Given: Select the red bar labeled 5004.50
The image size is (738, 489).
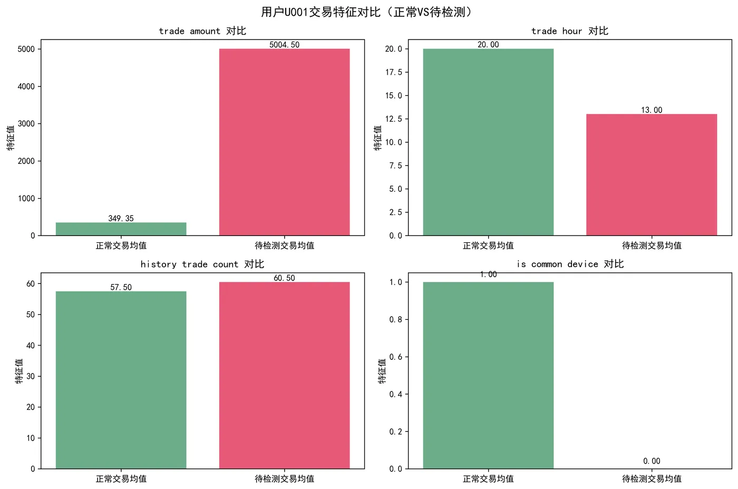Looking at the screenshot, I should click(x=284, y=142).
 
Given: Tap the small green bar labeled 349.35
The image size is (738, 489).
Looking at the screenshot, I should click(x=121, y=229).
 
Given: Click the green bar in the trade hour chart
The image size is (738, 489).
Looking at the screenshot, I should click(x=488, y=142).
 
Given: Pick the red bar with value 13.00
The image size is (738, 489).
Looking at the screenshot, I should click(x=652, y=174).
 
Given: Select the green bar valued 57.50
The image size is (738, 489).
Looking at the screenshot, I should click(x=121, y=379).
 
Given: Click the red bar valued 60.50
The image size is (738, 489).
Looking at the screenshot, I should click(x=284, y=375).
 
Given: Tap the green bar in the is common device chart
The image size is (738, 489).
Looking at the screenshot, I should click(x=488, y=375).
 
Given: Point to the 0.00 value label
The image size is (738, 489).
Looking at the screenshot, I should click(x=652, y=461).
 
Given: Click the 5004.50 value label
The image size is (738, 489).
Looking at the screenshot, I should click(x=284, y=45).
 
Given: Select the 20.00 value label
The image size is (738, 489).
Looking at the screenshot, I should click(x=488, y=45).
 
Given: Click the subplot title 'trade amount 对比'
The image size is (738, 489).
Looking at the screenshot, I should click(x=202, y=31).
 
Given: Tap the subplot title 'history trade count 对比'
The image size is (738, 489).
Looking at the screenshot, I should click(x=202, y=264).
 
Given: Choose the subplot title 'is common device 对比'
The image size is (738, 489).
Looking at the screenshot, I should click(x=570, y=264).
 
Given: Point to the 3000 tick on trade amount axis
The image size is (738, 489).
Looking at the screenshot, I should click(x=26, y=124).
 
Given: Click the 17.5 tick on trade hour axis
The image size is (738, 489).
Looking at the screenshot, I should click(x=393, y=72).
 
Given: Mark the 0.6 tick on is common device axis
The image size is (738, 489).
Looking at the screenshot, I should click(x=395, y=357).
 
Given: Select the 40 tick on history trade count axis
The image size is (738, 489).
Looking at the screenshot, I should click(x=31, y=346).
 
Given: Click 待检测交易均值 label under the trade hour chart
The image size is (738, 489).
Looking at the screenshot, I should click(x=652, y=246).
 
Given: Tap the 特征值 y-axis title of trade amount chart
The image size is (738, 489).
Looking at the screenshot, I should click(x=11, y=138).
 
